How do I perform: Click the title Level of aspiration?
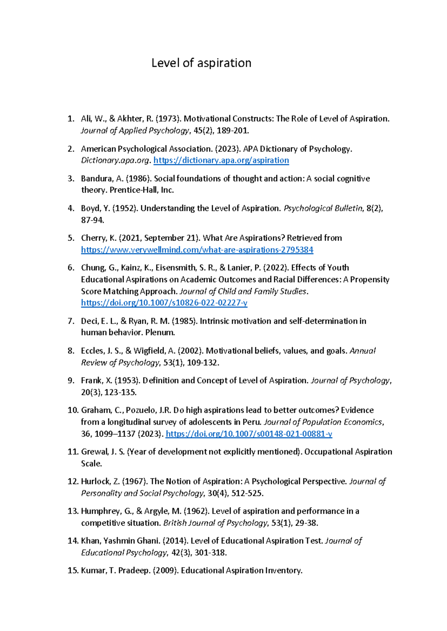[x=201, y=63]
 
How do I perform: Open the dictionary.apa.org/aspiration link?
[x=221, y=160]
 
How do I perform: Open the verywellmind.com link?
[x=197, y=250]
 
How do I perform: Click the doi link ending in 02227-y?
[x=164, y=303]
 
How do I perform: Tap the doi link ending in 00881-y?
[x=248, y=434]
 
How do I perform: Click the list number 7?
[x=71, y=321]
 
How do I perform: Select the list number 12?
[x=73, y=481]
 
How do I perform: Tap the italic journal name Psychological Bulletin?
[x=323, y=208]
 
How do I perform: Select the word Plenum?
[x=160, y=333]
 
